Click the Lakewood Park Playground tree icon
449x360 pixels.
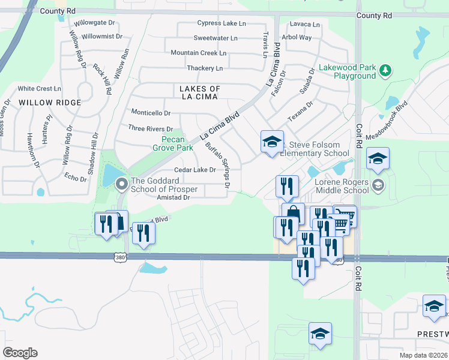click(385, 71)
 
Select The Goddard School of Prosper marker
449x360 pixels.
click(121, 184)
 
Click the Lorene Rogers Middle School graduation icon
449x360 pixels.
click(378, 184)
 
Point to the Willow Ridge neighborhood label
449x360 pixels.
click(50, 103)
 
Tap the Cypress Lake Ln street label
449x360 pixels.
click(221, 23)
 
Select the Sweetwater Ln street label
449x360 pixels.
click(215, 38)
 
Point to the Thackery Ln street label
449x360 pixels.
click(205, 68)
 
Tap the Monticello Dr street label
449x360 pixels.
click(151, 113)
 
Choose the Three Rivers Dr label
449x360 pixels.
click(150, 128)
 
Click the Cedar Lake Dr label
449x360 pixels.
click(195, 170)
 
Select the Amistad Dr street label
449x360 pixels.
click(173, 197)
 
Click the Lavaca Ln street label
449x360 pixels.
click(304, 25)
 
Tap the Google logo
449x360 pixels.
click(20, 353)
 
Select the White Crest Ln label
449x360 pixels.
click(40, 88)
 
